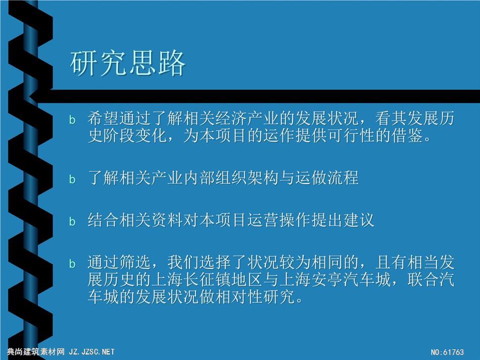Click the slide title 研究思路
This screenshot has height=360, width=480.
coord(128,63)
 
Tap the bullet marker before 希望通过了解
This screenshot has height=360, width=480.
coord(72,120)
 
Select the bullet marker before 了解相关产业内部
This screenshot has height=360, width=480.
coord(72,179)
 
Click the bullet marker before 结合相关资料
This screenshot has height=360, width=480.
coord(72,221)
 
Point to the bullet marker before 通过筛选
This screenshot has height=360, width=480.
coord(72,263)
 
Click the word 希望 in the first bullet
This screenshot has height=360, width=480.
coord(103,118)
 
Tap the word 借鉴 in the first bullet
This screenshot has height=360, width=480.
coord(407,136)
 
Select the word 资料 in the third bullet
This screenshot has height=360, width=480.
coord(167,219)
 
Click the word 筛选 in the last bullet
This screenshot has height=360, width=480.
coord(135,262)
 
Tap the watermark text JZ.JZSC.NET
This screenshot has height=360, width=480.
coord(91,352)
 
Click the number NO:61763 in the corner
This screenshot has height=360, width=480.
coord(448,352)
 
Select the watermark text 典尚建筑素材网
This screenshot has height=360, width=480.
coord(36,352)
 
